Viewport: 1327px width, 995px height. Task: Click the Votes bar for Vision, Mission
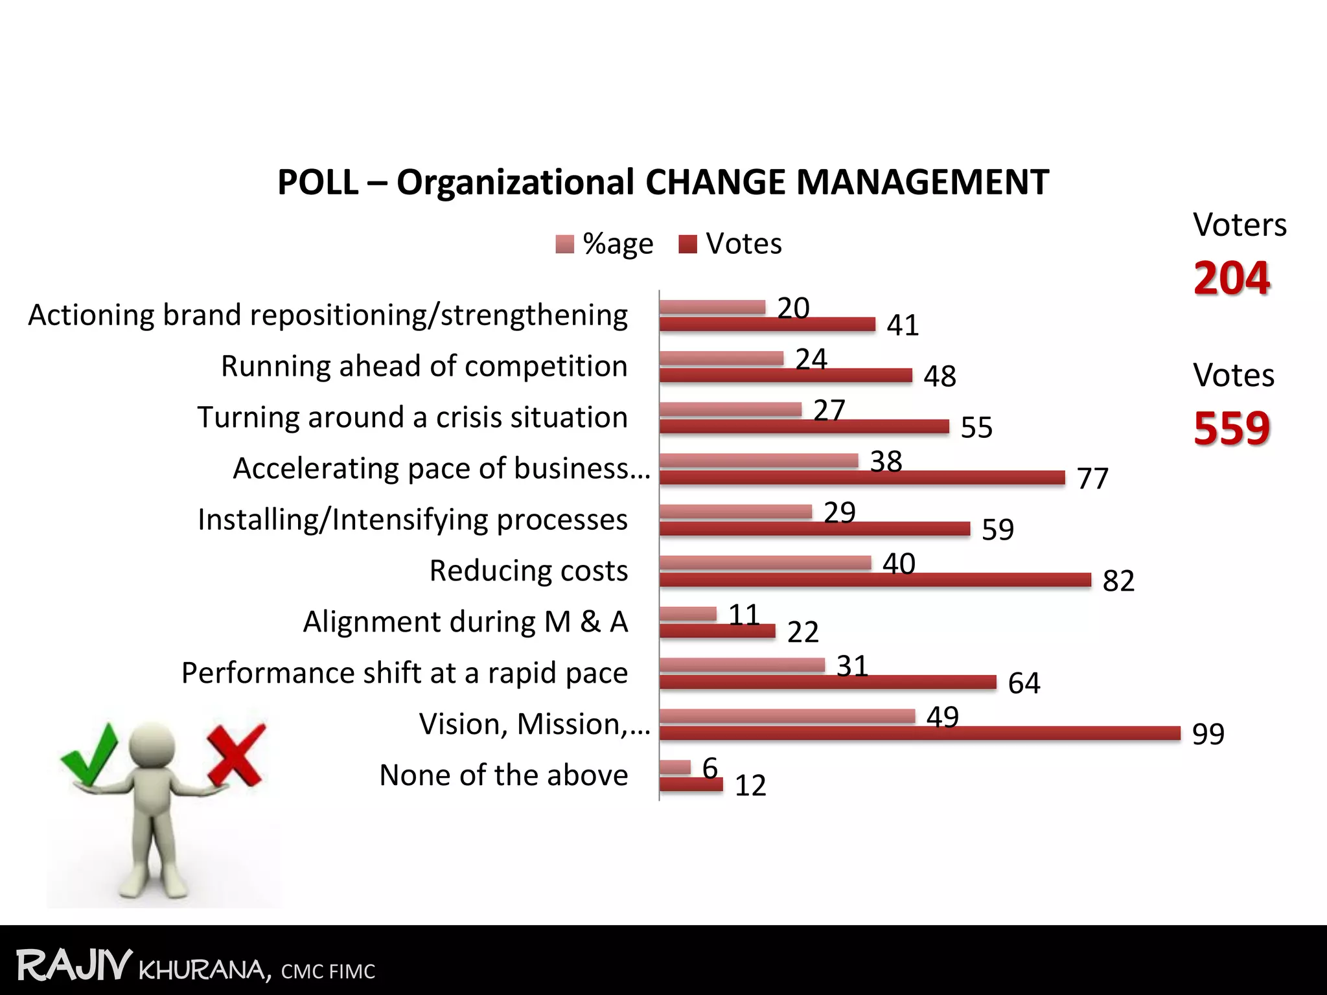pos(920,733)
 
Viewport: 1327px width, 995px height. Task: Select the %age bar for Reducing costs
pos(765,562)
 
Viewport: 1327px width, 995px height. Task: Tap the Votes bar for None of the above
pos(691,784)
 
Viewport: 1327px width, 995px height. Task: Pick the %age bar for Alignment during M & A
pos(688,613)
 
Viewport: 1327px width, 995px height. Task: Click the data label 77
pos(1092,479)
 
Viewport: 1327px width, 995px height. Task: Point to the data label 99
pos(1208,734)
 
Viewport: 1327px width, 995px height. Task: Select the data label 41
pos(903,325)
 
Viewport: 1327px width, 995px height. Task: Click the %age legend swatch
pos(564,244)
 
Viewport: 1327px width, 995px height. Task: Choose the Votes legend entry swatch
pos(687,244)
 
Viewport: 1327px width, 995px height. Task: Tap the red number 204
pos(1231,278)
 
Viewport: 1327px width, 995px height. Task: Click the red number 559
pos(1231,428)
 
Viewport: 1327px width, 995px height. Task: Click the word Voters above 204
pos(1239,225)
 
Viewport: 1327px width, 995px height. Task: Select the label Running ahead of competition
pos(424,366)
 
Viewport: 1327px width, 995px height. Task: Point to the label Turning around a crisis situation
pos(412,417)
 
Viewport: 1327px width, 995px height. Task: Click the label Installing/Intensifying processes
pos(412,520)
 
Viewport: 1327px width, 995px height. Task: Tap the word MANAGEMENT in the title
pos(922,182)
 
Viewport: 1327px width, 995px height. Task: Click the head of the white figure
pos(152,745)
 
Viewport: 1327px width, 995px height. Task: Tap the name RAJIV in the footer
pos(74,965)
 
